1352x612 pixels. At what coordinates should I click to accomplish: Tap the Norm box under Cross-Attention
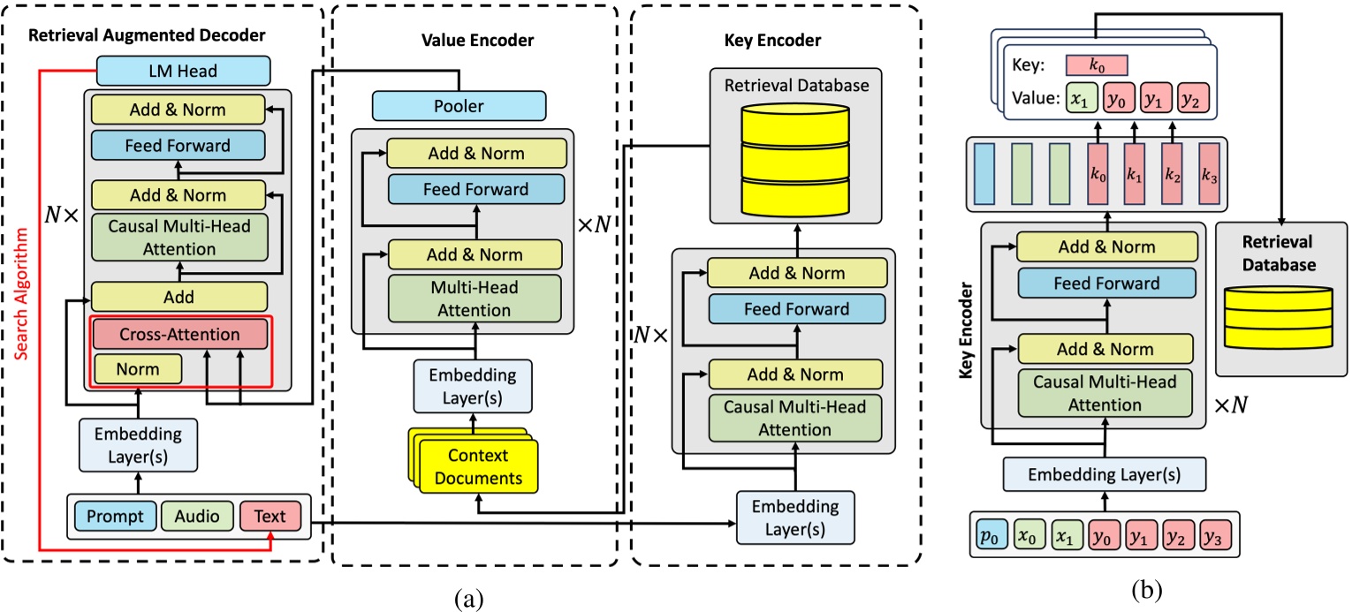tap(137, 368)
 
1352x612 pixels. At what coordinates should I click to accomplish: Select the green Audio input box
tap(195, 515)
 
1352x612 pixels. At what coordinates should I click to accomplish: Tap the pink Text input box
tap(270, 515)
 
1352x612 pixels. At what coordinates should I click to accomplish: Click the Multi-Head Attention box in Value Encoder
tap(475, 299)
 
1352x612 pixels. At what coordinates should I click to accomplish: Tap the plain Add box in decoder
tap(178, 297)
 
